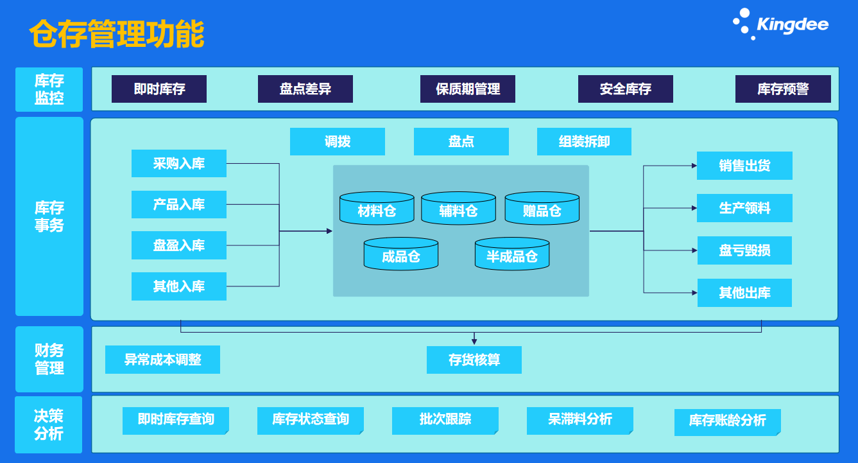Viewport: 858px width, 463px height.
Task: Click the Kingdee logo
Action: click(x=781, y=24)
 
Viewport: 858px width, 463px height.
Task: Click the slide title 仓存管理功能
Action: click(x=117, y=34)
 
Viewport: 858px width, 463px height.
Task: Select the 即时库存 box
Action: click(x=159, y=89)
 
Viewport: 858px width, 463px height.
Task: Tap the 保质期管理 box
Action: click(x=468, y=89)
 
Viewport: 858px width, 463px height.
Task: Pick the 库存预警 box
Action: click(x=783, y=89)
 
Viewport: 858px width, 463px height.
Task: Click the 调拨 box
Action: click(x=338, y=142)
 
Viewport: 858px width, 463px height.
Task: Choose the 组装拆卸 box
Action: click(x=584, y=142)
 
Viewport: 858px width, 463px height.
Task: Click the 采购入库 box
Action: click(x=179, y=164)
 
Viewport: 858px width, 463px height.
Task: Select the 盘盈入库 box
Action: click(x=179, y=245)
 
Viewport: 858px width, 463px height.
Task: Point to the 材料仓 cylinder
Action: click(x=377, y=209)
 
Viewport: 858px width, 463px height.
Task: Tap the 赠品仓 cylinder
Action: click(x=542, y=209)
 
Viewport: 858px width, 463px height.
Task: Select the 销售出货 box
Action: click(x=744, y=166)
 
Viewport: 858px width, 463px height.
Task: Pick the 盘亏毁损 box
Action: click(x=744, y=250)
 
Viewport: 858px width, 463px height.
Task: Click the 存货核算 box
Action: click(x=474, y=360)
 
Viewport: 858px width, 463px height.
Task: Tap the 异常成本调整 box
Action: click(x=162, y=360)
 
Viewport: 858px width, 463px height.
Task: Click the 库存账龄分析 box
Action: click(x=727, y=421)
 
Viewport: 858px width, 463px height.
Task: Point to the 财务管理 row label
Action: click(x=49, y=360)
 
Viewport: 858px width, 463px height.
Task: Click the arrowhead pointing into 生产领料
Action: click(x=694, y=208)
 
